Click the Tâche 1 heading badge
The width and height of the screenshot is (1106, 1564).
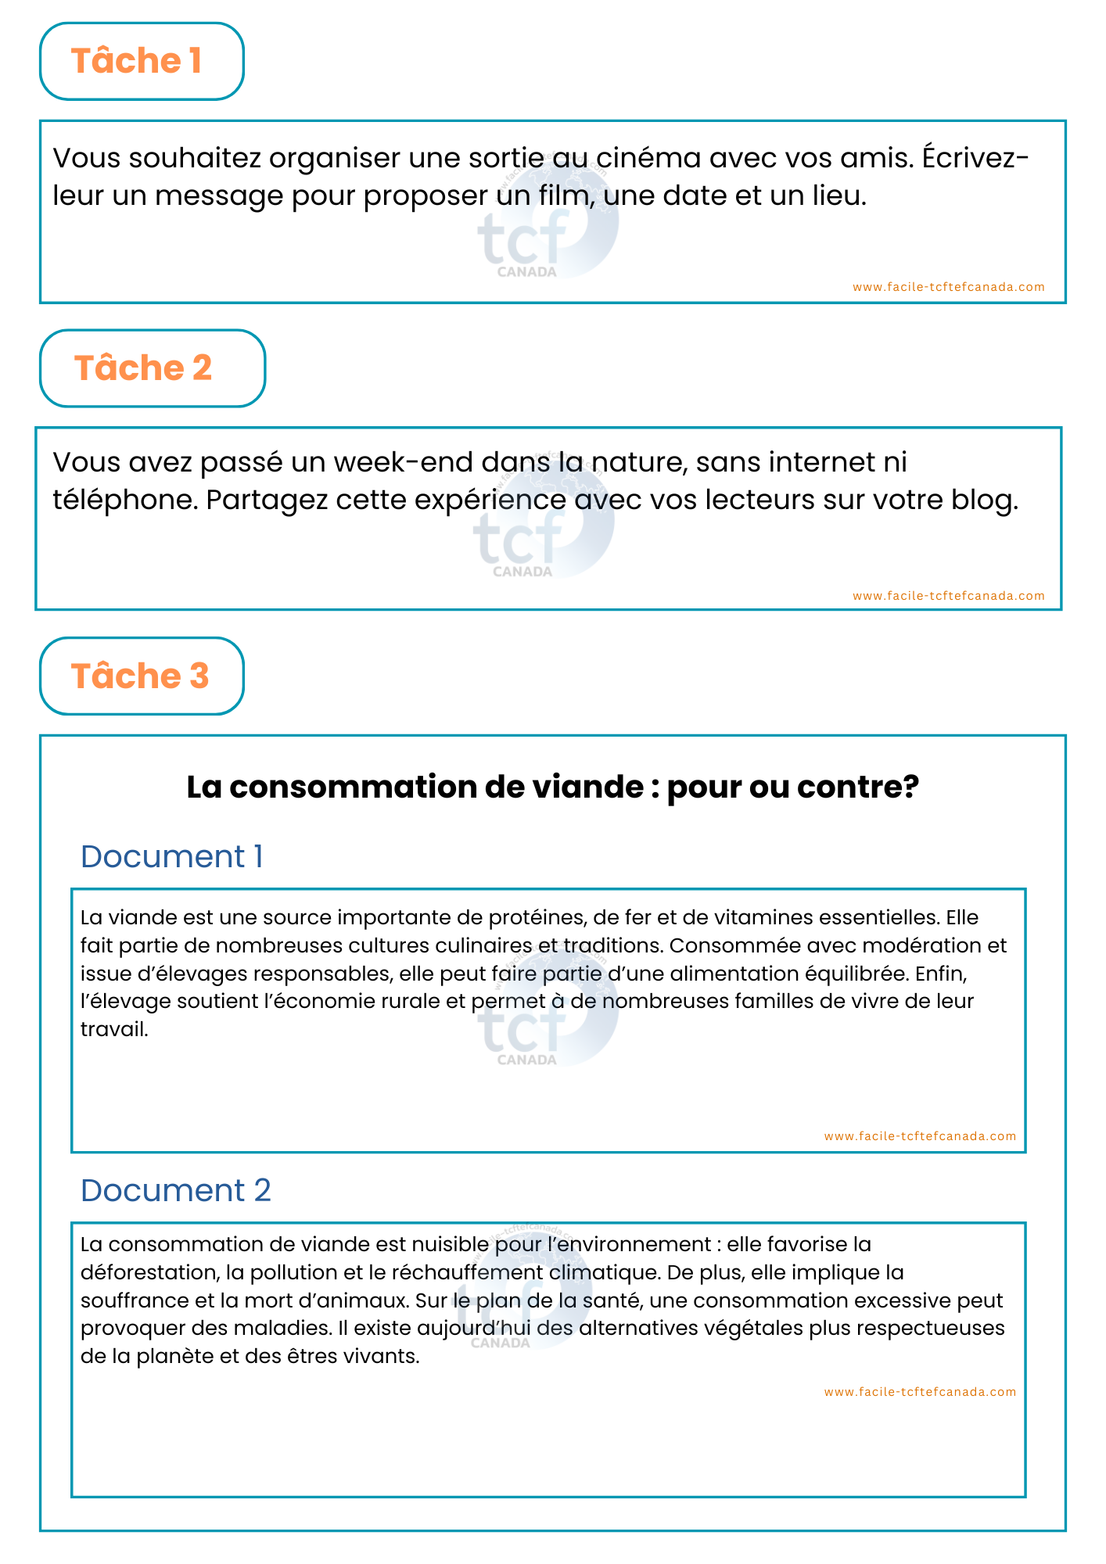(x=142, y=61)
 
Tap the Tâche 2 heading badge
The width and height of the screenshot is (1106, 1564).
(x=152, y=368)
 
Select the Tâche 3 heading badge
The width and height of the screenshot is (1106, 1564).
(x=142, y=676)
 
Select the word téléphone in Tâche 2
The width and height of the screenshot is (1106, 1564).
(x=124, y=500)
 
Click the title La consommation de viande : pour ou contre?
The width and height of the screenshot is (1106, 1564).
(x=552, y=787)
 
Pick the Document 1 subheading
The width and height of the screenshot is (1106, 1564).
(x=172, y=857)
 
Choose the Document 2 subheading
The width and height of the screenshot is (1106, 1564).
(x=176, y=1191)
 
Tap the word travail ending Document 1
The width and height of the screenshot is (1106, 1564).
(x=114, y=1029)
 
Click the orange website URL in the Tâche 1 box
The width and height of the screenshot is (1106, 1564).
(x=948, y=287)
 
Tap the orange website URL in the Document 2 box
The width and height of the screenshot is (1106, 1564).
(x=920, y=1392)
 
